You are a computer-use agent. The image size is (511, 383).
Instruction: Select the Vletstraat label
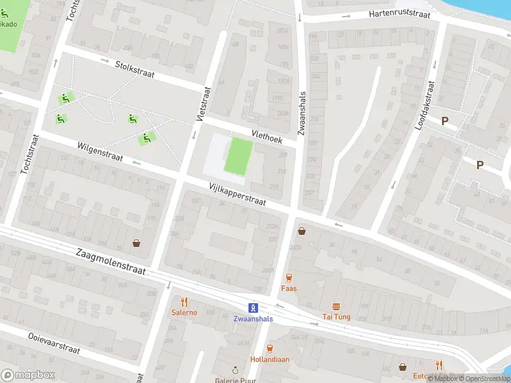point(204,105)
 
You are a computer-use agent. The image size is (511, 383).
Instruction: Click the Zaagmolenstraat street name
point(109,262)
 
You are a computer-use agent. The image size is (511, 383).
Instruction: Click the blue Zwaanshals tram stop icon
point(253,307)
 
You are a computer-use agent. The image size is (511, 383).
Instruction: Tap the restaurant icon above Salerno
point(184,301)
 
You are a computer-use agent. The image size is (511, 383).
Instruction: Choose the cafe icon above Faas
point(289,278)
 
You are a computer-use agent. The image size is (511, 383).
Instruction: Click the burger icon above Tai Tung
point(335,306)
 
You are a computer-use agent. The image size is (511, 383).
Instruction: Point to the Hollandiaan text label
point(270,359)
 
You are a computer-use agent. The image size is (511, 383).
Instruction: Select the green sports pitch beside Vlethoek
point(238,156)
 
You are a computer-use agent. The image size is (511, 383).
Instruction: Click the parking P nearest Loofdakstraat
point(445,120)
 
